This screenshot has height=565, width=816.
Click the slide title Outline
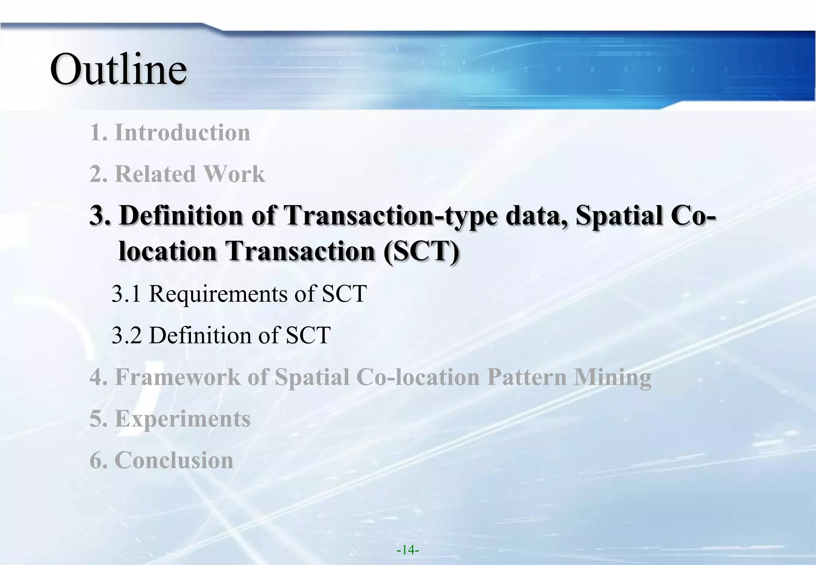[118, 69]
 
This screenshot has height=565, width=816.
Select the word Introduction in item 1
[182, 132]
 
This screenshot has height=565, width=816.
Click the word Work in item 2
[234, 174]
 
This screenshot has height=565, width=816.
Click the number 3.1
[126, 294]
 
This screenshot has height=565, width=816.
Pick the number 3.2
[126, 335]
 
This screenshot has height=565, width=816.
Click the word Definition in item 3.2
[200, 335]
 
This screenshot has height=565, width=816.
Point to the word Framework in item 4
[178, 377]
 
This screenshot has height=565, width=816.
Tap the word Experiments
[182, 419]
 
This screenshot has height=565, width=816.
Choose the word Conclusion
[174, 460]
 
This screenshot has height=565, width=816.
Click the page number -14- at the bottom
[408, 550]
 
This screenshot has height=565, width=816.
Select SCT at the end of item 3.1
[344, 294]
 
